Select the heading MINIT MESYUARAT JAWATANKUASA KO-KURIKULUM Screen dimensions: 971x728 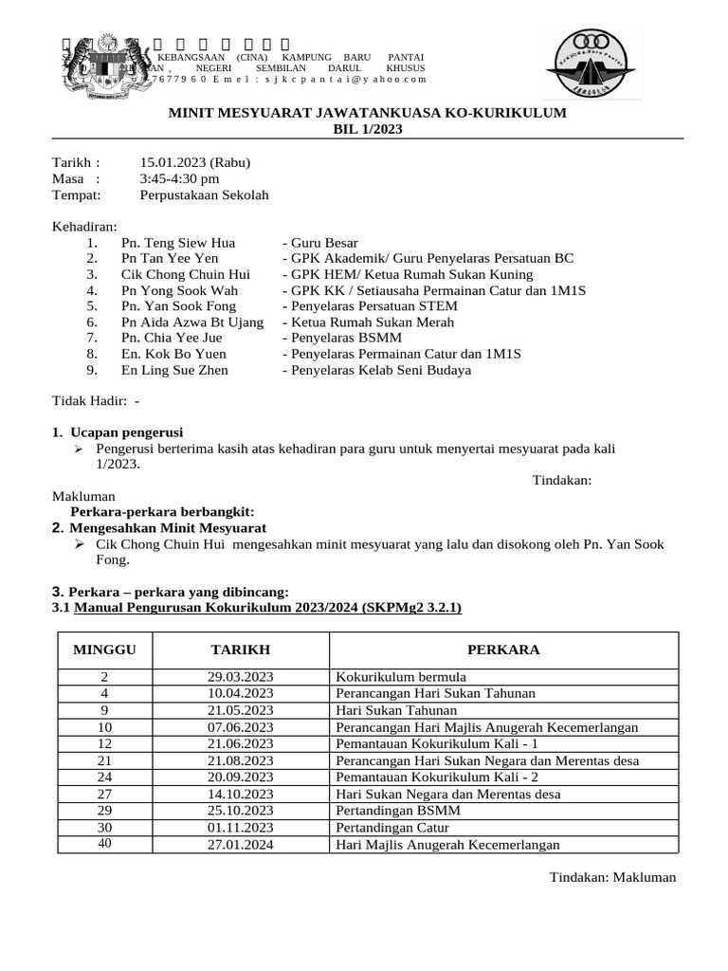coord(367,113)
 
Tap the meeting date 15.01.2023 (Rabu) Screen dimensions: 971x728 coord(194,162)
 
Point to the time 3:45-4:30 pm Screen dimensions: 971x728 coord(179,178)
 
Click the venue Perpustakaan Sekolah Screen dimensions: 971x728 coord(204,194)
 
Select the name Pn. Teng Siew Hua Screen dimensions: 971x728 coord(178,243)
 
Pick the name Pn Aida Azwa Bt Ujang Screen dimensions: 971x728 coord(192,322)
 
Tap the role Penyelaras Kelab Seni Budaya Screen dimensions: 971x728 coord(376,370)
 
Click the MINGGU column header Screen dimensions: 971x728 coord(104,650)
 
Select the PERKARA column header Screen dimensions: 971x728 coord(503,650)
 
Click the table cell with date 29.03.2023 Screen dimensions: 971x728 coord(240,677)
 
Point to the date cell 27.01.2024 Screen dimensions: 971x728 coord(240,845)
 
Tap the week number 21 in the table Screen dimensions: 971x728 coord(104,760)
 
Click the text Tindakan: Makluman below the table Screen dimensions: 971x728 coord(612,877)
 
